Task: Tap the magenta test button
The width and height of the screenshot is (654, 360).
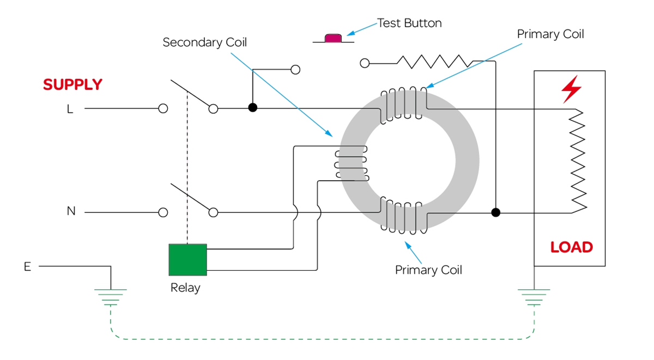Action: coord(332,38)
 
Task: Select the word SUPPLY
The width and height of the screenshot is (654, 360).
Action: coord(72,85)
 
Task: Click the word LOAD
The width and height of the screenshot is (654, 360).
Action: coord(571,247)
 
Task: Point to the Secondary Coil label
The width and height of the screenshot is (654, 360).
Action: coord(204,42)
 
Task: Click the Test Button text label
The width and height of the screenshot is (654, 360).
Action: coord(409,23)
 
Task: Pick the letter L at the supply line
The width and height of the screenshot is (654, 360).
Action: coord(70,109)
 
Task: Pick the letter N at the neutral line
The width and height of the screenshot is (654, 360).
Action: coord(71,211)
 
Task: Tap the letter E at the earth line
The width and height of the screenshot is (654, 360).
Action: coord(27,267)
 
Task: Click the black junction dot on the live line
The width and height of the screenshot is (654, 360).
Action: coord(252,108)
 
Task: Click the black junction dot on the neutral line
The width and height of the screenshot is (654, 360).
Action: coord(495,212)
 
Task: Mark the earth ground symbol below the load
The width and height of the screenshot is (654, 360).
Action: coord(534,297)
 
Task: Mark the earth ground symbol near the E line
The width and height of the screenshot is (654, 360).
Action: coord(111,297)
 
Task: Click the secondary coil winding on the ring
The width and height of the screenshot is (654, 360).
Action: coord(352,163)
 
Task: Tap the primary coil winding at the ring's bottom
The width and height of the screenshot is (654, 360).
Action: coord(403,217)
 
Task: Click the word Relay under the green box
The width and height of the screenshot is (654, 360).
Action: coord(185,288)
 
